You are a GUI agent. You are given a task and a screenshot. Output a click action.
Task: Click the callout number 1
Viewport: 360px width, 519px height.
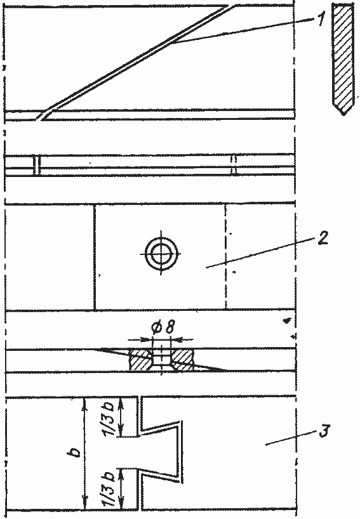coord(319,19)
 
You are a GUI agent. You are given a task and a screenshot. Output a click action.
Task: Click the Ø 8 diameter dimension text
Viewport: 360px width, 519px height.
coord(161,327)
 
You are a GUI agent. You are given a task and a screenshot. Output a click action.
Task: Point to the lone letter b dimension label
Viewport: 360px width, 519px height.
coord(76,452)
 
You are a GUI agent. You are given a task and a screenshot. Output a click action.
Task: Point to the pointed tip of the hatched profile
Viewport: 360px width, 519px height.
coord(344,115)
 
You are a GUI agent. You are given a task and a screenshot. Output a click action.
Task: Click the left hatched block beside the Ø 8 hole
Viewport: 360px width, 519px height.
coord(141,360)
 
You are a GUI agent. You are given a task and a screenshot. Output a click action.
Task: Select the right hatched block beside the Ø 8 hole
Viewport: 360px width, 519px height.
coord(182,360)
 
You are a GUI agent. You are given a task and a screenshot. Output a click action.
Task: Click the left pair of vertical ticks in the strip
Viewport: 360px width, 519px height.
coord(37,164)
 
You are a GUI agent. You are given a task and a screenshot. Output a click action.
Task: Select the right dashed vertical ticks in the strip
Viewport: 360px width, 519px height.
coord(234,164)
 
